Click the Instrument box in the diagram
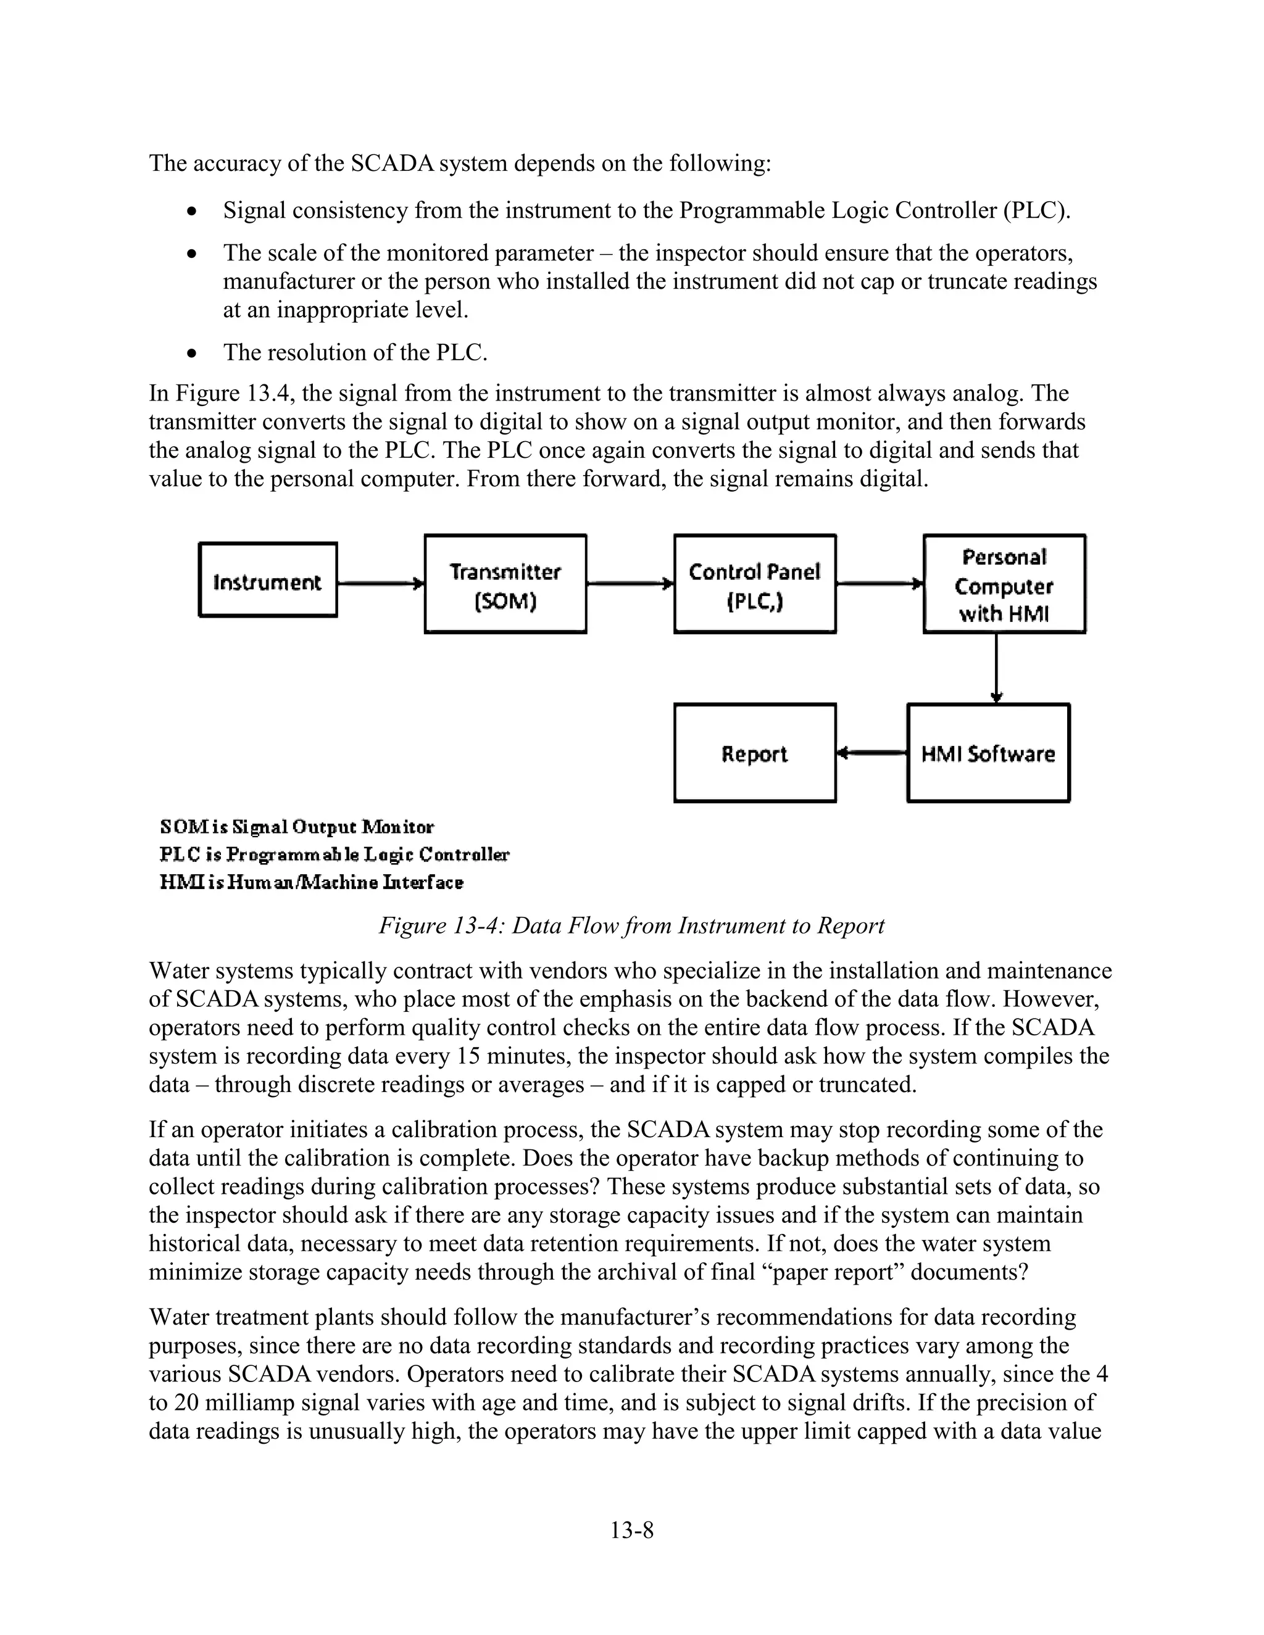267,580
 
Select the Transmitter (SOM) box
505,584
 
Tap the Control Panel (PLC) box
754,584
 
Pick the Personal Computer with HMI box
1004,584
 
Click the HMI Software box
987,753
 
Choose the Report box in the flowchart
754,753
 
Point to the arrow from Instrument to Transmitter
380,583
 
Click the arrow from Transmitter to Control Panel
630,583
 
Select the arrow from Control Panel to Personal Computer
879,583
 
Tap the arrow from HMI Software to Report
871,753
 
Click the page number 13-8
631,1530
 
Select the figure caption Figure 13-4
631,926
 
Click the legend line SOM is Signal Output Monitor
296,827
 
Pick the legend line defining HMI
312,883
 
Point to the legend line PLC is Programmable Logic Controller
334,855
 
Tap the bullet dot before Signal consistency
193,212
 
